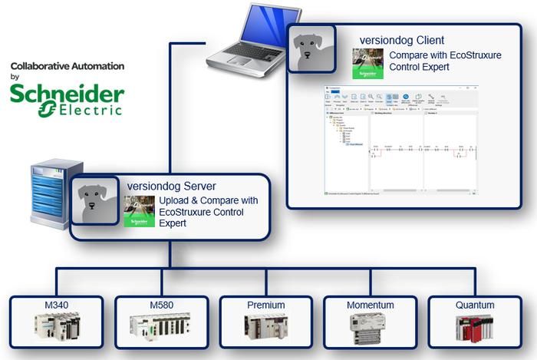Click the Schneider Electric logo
[67, 100]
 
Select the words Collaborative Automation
[68, 67]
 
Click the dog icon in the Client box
[311, 48]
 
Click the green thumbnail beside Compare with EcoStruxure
[367, 64]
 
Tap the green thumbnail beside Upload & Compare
[140, 210]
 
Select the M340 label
[58, 305]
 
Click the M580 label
[162, 305]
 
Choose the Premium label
[266, 305]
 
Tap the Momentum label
[371, 305]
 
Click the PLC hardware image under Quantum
[473, 328]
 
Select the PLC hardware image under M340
[58, 328]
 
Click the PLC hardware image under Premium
[266, 328]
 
